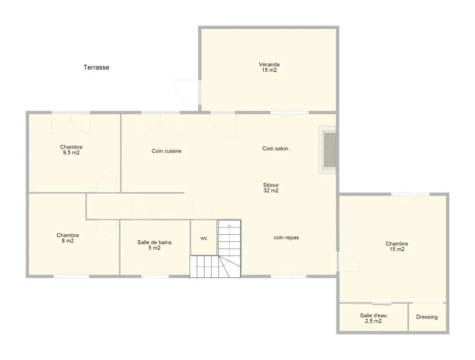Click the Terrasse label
pyautogui.click(x=96, y=67)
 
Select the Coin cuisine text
pyautogui.click(x=166, y=151)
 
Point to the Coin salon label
pyautogui.click(x=275, y=148)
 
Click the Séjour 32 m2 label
pyautogui.click(x=271, y=187)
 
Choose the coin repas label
pyautogui.click(x=286, y=237)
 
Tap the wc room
pyautogui.click(x=204, y=238)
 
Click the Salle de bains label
pyautogui.click(x=155, y=242)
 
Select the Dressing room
pyautogui.click(x=427, y=317)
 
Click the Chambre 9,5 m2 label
pyautogui.click(x=71, y=150)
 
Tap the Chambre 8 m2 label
pyautogui.click(x=67, y=238)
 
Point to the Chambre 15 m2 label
pyautogui.click(x=397, y=246)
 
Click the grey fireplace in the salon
pyautogui.click(x=329, y=150)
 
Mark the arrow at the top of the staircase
pyautogui.click(x=229, y=225)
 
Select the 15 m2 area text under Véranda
pyautogui.click(x=269, y=70)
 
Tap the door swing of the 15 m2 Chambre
pyautogui.click(x=348, y=261)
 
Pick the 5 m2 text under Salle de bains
pyautogui.click(x=155, y=248)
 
